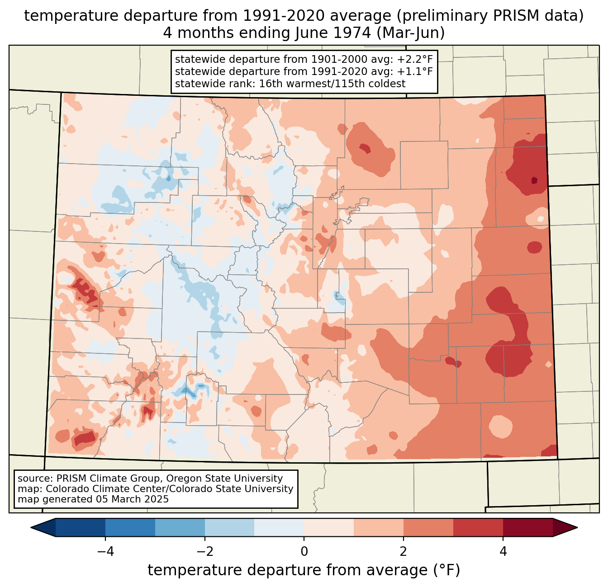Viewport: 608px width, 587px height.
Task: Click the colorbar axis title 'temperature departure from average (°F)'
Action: pos(304,570)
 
